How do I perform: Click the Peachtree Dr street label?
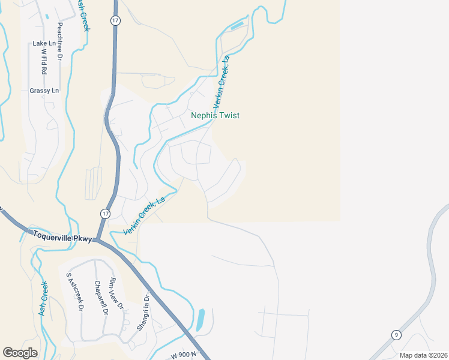59,42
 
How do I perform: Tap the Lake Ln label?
44,43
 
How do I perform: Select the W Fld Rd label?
44,62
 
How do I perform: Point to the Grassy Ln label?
44,91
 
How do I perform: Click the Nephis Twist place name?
215,115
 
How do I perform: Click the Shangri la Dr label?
145,313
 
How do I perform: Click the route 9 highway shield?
396,334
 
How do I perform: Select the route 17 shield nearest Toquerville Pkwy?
106,214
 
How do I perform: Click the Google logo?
20,353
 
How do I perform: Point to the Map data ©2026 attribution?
423,355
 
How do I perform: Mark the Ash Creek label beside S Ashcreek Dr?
43,298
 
